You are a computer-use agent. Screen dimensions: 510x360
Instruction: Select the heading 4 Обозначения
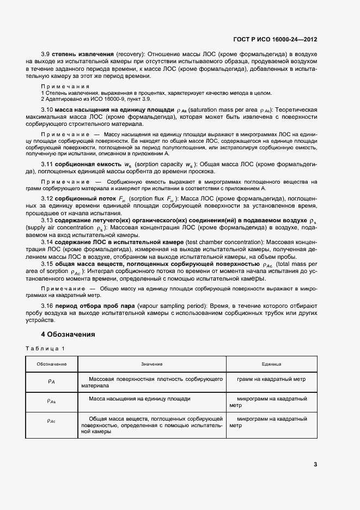(68, 334)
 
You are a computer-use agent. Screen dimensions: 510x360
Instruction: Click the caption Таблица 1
(45, 348)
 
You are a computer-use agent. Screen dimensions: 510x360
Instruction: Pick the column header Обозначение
(52, 363)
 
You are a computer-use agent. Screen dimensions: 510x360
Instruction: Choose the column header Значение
(151, 363)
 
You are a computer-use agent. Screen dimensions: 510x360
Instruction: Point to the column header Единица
(271, 363)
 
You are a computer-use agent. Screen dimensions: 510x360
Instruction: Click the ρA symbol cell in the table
(52, 381)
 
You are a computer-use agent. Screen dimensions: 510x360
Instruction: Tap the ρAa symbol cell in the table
(52, 401)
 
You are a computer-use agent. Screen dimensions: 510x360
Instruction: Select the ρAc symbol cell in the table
(52, 421)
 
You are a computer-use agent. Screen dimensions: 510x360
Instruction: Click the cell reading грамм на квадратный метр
(271, 378)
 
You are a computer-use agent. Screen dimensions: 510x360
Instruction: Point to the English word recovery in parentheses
(129, 54)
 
